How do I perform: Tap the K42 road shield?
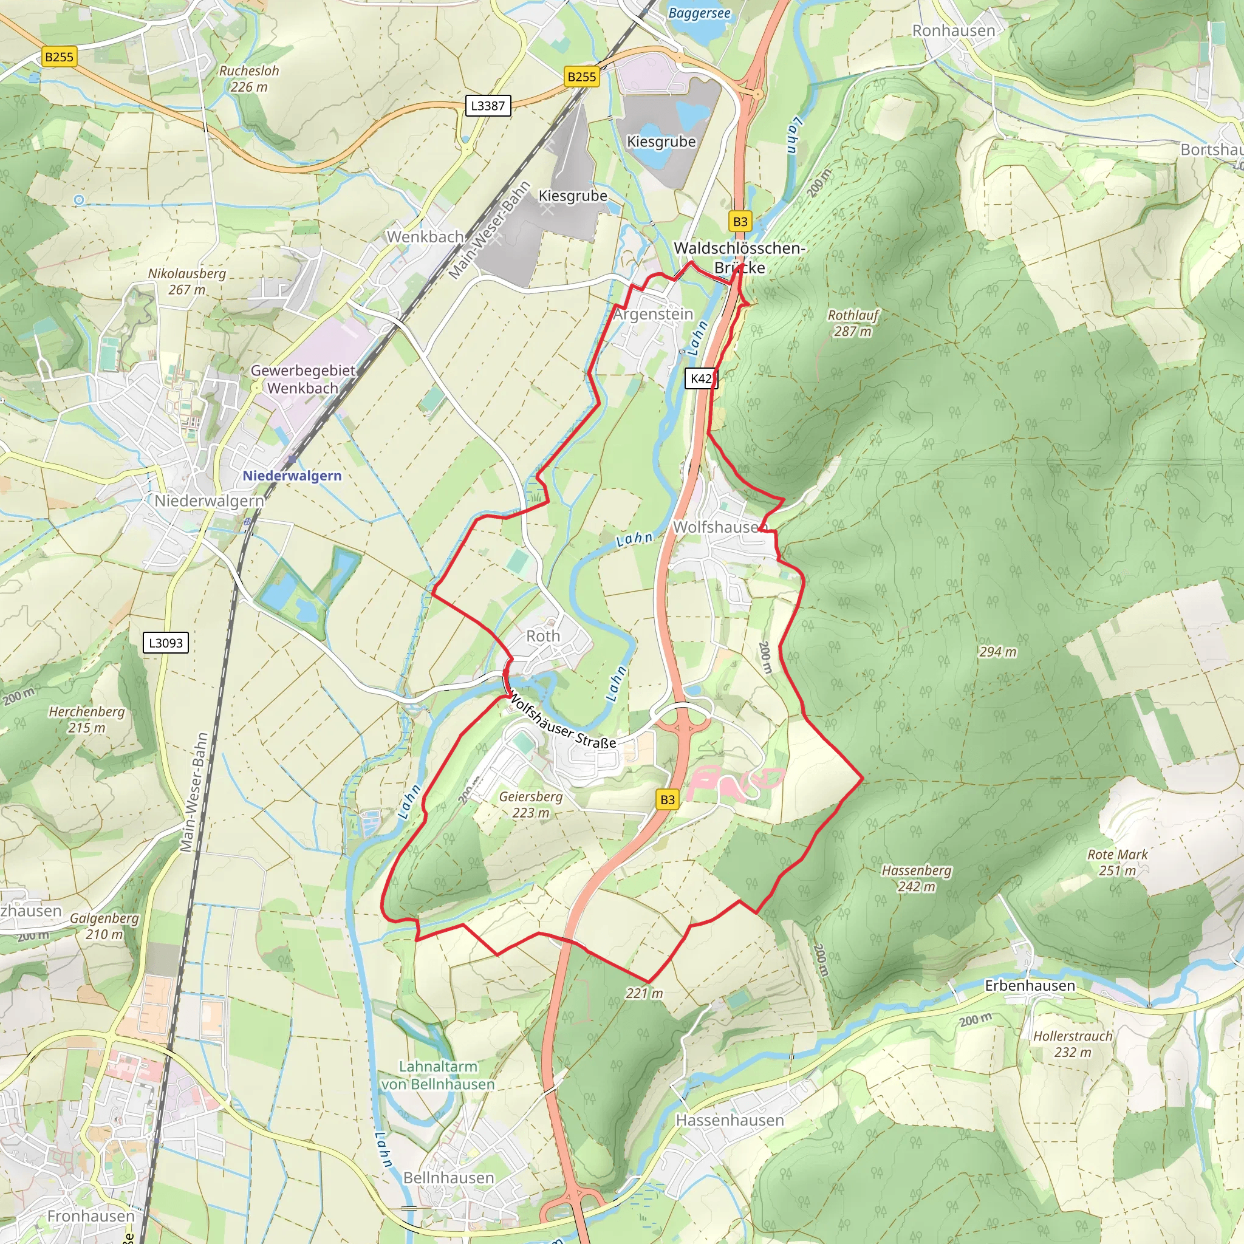[700, 378]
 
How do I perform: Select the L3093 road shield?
[165, 643]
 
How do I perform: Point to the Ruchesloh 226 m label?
[249, 78]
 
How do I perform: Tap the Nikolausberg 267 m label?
[186, 281]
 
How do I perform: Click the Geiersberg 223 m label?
[530, 804]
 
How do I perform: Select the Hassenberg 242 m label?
[916, 878]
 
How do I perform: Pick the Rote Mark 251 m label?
[1117, 862]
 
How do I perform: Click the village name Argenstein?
[653, 314]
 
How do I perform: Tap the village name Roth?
[543, 636]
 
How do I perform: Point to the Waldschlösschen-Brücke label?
[739, 258]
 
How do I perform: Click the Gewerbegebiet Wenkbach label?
[302, 379]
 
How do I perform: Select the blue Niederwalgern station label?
[292, 476]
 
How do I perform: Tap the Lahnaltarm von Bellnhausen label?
[438, 1075]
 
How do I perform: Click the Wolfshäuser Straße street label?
[561, 722]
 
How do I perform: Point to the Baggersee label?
[699, 13]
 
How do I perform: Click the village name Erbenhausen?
[1030, 986]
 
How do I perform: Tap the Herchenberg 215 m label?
[87, 719]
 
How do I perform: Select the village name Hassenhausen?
[730, 1120]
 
